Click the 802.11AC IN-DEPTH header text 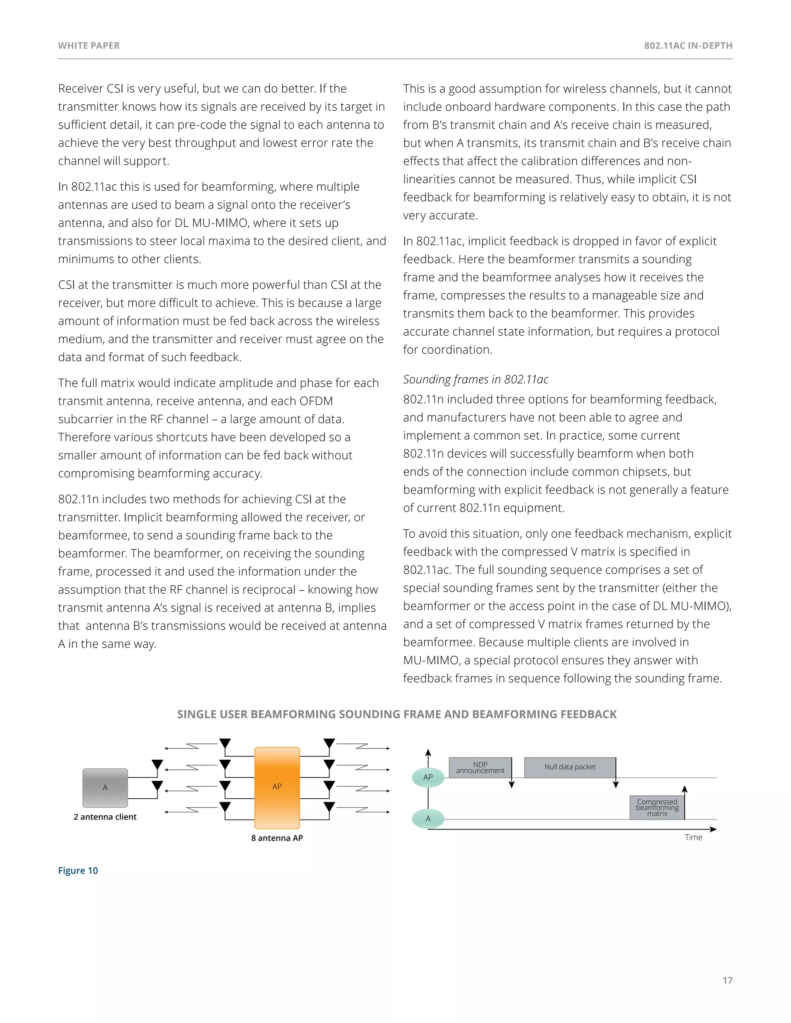pyautogui.click(x=688, y=46)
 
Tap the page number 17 pyautogui.click(x=727, y=981)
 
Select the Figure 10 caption pyautogui.click(x=78, y=870)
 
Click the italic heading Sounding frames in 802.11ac pyautogui.click(x=475, y=379)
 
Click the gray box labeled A pyautogui.click(x=105, y=788)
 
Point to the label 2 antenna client pyautogui.click(x=105, y=816)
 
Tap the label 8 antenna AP pyautogui.click(x=277, y=838)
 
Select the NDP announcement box pyautogui.click(x=480, y=767)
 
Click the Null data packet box pyautogui.click(x=570, y=767)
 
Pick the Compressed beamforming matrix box pyautogui.click(x=657, y=808)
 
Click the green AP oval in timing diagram pyautogui.click(x=428, y=777)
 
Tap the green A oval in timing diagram pyautogui.click(x=428, y=819)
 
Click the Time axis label pyautogui.click(x=693, y=838)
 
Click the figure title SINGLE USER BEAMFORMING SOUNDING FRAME pyautogui.click(x=396, y=714)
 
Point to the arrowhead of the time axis pyautogui.click(x=714, y=830)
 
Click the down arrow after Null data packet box pyautogui.click(x=616, y=784)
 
